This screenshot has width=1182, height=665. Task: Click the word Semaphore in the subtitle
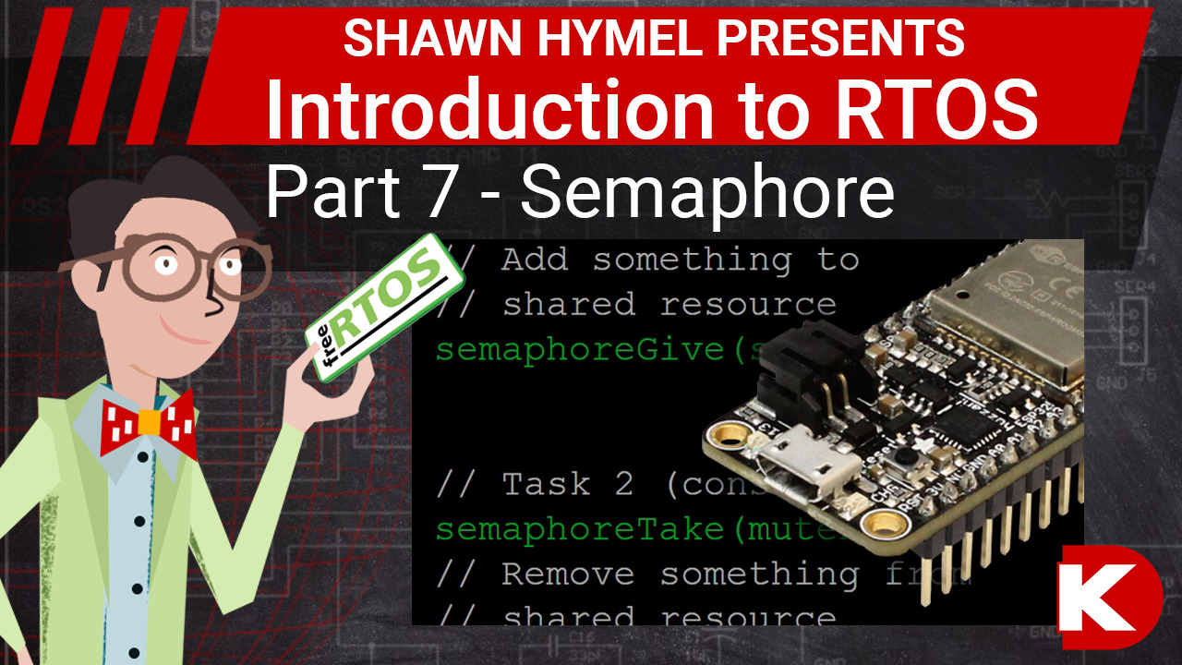707,193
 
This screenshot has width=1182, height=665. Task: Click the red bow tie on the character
149,421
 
